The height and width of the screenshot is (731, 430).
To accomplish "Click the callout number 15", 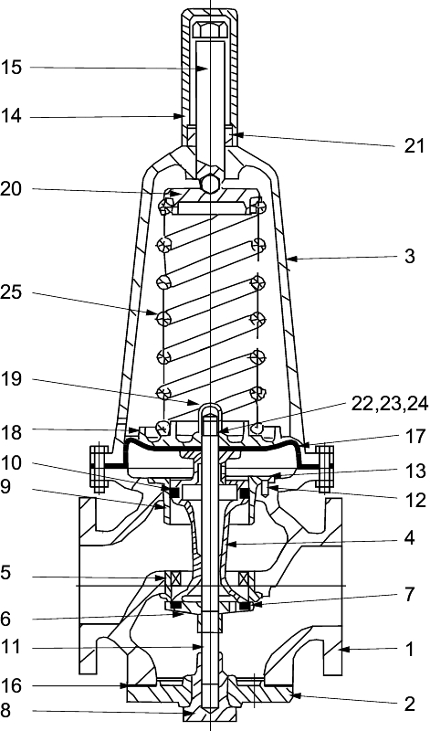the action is pyautogui.click(x=11, y=68).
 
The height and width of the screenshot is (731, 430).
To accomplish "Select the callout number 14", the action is pyautogui.click(x=11, y=116).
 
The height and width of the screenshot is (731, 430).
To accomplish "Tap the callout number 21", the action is pyautogui.click(x=414, y=146).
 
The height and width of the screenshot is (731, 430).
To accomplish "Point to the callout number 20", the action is pyautogui.click(x=11, y=190).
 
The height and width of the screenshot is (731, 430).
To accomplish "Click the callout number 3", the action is pyautogui.click(x=409, y=256).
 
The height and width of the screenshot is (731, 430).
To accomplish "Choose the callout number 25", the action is pyautogui.click(x=11, y=293).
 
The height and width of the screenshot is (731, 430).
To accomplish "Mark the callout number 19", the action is pyautogui.click(x=11, y=380).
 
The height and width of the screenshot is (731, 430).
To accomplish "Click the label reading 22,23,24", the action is pyautogui.click(x=389, y=404).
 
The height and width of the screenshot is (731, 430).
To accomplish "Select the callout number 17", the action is pyautogui.click(x=415, y=437).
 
